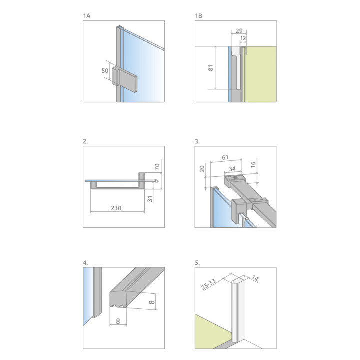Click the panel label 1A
(87, 16)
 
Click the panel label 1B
(199, 16)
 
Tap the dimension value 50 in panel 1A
(105, 70)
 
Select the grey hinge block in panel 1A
(124, 79)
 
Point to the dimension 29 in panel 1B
(239, 31)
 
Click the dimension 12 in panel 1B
(243, 38)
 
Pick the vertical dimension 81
(211, 68)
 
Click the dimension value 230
(116, 208)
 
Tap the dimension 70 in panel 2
(157, 167)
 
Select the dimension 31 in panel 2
(150, 199)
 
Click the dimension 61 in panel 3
(225, 157)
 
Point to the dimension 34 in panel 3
(232, 169)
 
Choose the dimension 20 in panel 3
(202, 169)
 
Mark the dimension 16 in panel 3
(253, 165)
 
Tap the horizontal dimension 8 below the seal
(118, 321)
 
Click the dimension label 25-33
(208, 284)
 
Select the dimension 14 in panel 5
(255, 278)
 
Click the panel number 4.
(85, 263)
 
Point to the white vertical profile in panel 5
(238, 310)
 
